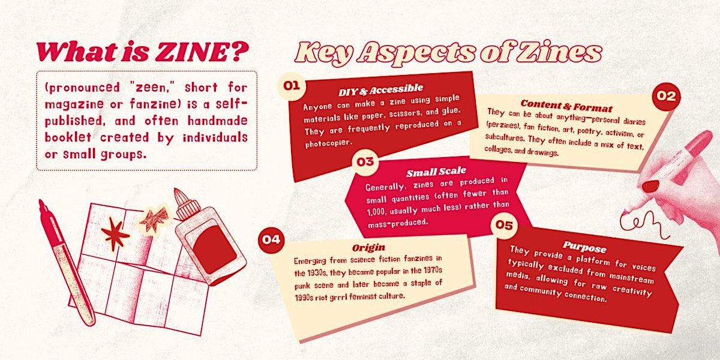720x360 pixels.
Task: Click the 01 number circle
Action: (292, 86)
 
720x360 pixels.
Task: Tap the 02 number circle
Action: (666, 96)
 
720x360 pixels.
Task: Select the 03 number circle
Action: (365, 161)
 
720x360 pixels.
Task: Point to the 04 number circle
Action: (271, 240)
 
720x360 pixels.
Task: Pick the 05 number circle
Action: (504, 225)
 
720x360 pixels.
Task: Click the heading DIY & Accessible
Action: (380, 89)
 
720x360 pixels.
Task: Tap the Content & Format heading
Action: (566, 106)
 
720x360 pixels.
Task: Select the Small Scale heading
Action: (436, 172)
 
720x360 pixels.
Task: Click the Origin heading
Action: (368, 247)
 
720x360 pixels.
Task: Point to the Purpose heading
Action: (584, 247)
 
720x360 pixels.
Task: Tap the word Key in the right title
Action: (323, 53)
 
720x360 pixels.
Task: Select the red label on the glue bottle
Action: (214, 250)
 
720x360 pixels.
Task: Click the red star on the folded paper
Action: (115, 233)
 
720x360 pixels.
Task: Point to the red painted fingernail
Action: (650, 186)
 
